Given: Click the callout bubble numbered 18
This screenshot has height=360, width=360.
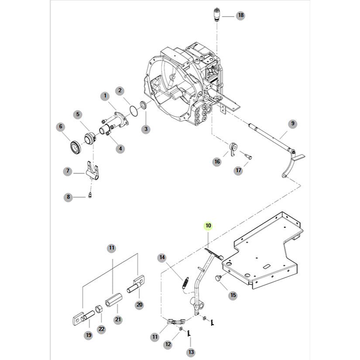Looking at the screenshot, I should pyautogui.click(x=240, y=16).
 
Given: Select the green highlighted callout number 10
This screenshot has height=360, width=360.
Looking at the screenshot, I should pyautogui.click(x=208, y=226).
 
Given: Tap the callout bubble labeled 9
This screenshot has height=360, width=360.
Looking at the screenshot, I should pyautogui.click(x=293, y=123).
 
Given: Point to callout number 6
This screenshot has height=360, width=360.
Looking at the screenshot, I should pyautogui.click(x=61, y=127).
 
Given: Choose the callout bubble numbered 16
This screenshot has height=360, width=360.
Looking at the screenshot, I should pyautogui.click(x=217, y=162).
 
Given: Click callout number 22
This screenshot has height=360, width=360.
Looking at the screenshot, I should pyautogui.click(x=101, y=329).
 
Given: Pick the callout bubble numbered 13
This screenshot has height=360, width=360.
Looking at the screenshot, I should pyautogui.click(x=191, y=352).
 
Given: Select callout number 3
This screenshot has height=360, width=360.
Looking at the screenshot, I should pyautogui.click(x=146, y=129).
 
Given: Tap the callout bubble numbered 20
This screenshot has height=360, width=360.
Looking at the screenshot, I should pyautogui.click(x=140, y=305).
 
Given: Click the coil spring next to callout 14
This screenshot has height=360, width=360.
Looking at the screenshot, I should pyautogui.click(x=185, y=282).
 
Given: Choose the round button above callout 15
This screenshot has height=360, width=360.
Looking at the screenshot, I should pyautogui.click(x=219, y=278).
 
